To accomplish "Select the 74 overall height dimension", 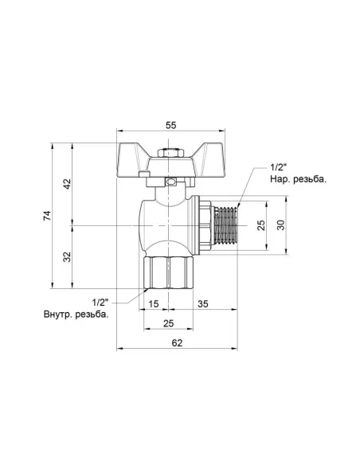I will tap(47, 216).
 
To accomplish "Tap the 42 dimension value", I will tap(68, 184).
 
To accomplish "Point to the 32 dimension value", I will tap(68, 256).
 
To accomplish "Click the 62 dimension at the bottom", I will tap(176, 343).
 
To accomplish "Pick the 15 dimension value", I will tap(153, 303).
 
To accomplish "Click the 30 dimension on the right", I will tap(280, 225).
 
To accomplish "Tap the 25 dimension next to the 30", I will tap(259, 225).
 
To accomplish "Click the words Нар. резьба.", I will tap(298, 180).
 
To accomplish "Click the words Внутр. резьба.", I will tap(76, 315).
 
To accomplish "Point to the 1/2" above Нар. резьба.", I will tap(279, 167).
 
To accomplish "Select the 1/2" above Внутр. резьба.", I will tap(101, 302).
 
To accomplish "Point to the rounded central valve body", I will tap(164, 223).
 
